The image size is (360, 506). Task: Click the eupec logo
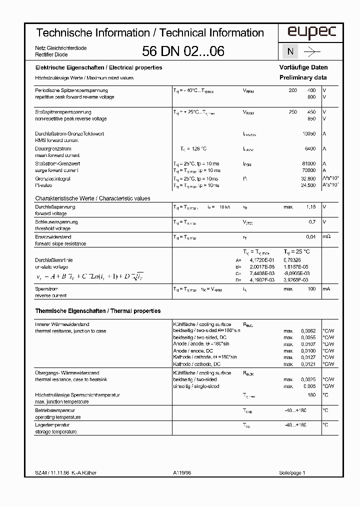(304, 33)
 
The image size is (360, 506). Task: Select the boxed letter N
(290, 51)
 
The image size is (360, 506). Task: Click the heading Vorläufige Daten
(303, 67)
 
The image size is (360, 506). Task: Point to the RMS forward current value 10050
(309, 134)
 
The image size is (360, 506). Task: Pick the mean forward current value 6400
(310, 149)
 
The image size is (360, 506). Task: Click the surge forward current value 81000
(309, 164)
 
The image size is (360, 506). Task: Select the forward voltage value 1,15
(310, 207)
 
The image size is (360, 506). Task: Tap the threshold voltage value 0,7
(312, 222)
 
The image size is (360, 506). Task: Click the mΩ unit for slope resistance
(326, 237)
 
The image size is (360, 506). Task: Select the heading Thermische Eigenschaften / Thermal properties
(98, 311)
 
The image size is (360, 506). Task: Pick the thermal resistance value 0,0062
(308, 331)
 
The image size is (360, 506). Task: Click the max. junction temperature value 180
(312, 395)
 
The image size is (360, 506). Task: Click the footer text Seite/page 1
(292, 472)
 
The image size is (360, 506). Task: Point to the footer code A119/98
(182, 472)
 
